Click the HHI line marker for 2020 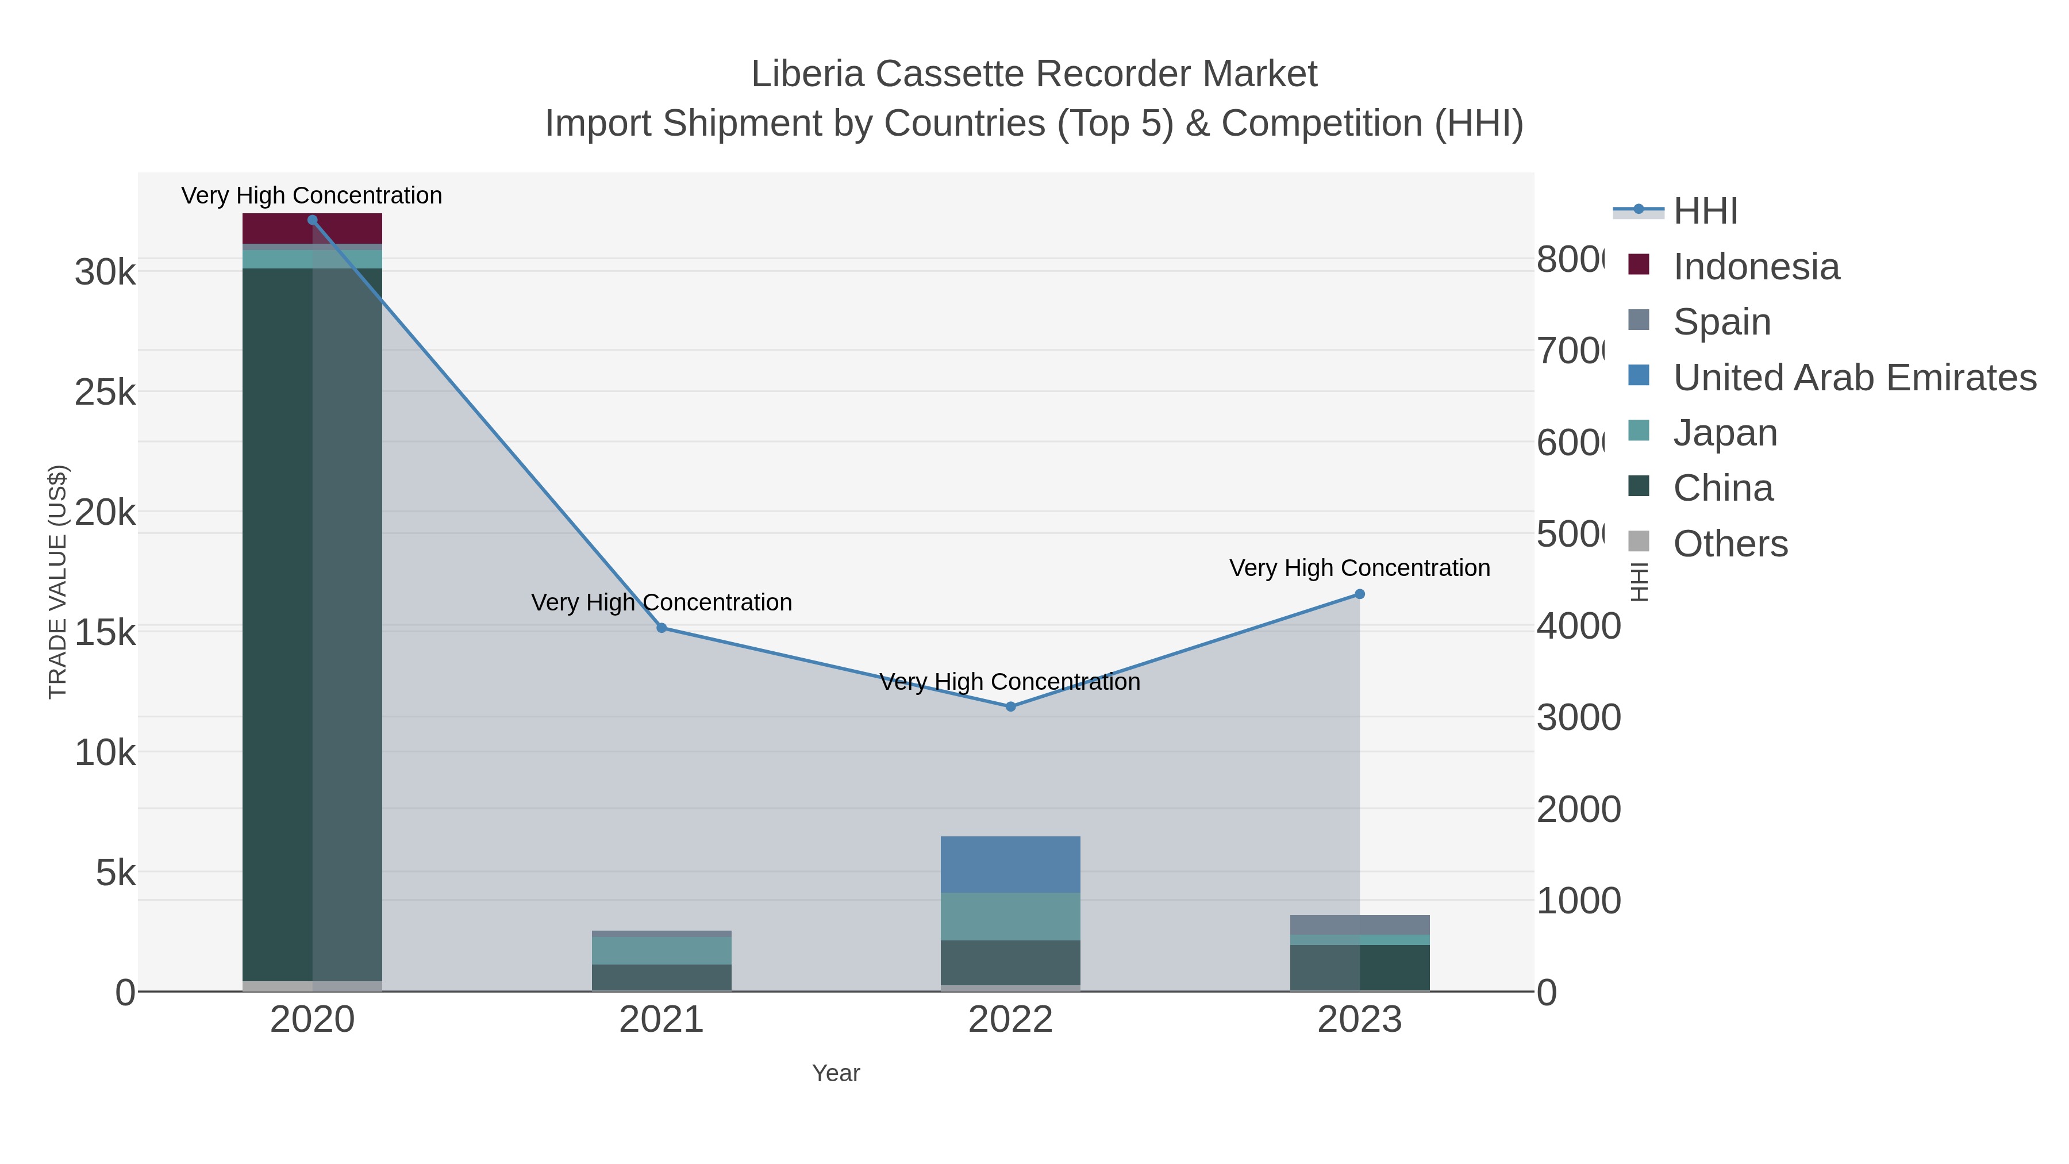313,220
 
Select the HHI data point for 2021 662,628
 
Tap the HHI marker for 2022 1010,707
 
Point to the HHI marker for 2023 1360,594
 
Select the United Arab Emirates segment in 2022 1010,865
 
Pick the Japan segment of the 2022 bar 1010,917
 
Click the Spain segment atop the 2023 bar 1360,925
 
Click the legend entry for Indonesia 1756,267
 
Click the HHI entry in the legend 1705,212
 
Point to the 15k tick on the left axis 105,633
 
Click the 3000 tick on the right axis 1578,717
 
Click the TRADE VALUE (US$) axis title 58,582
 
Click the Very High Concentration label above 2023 1359,568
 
